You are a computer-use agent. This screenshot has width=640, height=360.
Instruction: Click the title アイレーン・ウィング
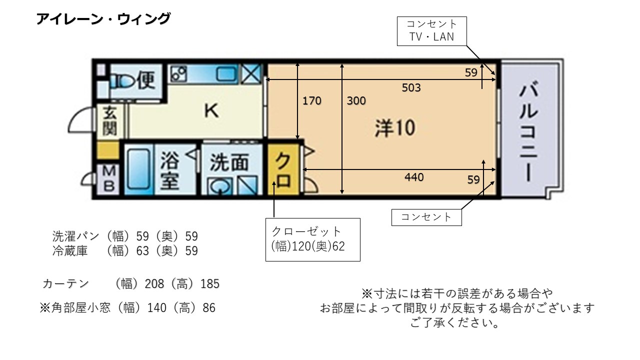click(103, 19)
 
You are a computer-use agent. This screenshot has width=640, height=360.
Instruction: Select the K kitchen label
click(211, 111)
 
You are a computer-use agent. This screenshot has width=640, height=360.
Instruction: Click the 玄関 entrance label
click(110, 120)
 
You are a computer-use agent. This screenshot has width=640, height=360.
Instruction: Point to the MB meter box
click(108, 179)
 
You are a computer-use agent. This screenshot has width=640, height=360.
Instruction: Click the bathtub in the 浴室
click(138, 169)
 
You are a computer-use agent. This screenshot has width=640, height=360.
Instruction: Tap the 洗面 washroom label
click(229, 162)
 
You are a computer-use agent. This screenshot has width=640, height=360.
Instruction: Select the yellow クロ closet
click(283, 169)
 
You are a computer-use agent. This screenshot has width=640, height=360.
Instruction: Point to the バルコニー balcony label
click(528, 131)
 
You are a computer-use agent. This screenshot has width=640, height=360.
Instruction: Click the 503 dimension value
click(411, 87)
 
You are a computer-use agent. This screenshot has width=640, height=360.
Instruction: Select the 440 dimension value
click(414, 177)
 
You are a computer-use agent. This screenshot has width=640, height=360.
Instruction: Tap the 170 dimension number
click(311, 101)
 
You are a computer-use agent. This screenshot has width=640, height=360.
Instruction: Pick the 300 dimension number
click(356, 101)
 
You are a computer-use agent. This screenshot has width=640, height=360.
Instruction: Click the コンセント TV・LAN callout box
click(431, 31)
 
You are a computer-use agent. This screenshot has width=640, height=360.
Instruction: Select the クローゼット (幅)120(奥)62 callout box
click(313, 239)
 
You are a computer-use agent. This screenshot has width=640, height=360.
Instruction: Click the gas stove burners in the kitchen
click(178, 74)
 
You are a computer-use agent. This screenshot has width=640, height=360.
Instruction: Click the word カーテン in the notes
click(65, 283)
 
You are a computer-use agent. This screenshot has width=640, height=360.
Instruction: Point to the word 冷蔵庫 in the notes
click(70, 250)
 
